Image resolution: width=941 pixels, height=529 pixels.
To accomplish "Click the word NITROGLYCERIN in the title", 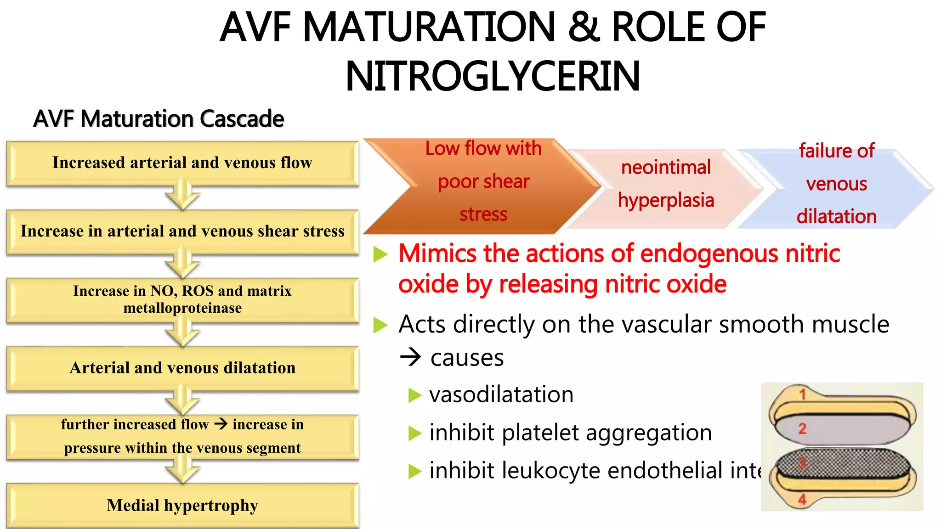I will (x=493, y=76).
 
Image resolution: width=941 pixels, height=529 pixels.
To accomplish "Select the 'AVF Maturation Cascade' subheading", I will (x=159, y=119).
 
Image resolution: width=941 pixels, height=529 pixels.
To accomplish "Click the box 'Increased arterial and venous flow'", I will (x=182, y=163).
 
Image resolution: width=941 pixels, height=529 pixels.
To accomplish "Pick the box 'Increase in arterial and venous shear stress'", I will (x=182, y=231).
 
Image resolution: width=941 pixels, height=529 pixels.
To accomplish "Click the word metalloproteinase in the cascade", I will (x=182, y=308).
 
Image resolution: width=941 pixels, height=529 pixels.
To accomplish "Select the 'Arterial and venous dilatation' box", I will (x=182, y=368).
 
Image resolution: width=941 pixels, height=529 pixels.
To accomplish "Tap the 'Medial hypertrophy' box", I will (x=182, y=506).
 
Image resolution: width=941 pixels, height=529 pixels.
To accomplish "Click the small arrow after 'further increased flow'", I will (x=221, y=424).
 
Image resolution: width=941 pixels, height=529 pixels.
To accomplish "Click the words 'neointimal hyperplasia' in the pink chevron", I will (x=666, y=184).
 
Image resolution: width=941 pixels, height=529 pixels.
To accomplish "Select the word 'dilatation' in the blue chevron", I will (x=836, y=217).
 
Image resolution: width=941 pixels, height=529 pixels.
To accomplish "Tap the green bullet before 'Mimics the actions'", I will (x=380, y=254).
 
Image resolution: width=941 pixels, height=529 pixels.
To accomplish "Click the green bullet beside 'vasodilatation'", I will (x=414, y=395).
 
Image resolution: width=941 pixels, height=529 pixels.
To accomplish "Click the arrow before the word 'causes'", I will (x=410, y=357).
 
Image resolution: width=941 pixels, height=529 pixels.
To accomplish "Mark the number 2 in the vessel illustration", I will (x=802, y=428).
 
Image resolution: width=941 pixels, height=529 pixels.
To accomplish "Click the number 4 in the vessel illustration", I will (x=802, y=499).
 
